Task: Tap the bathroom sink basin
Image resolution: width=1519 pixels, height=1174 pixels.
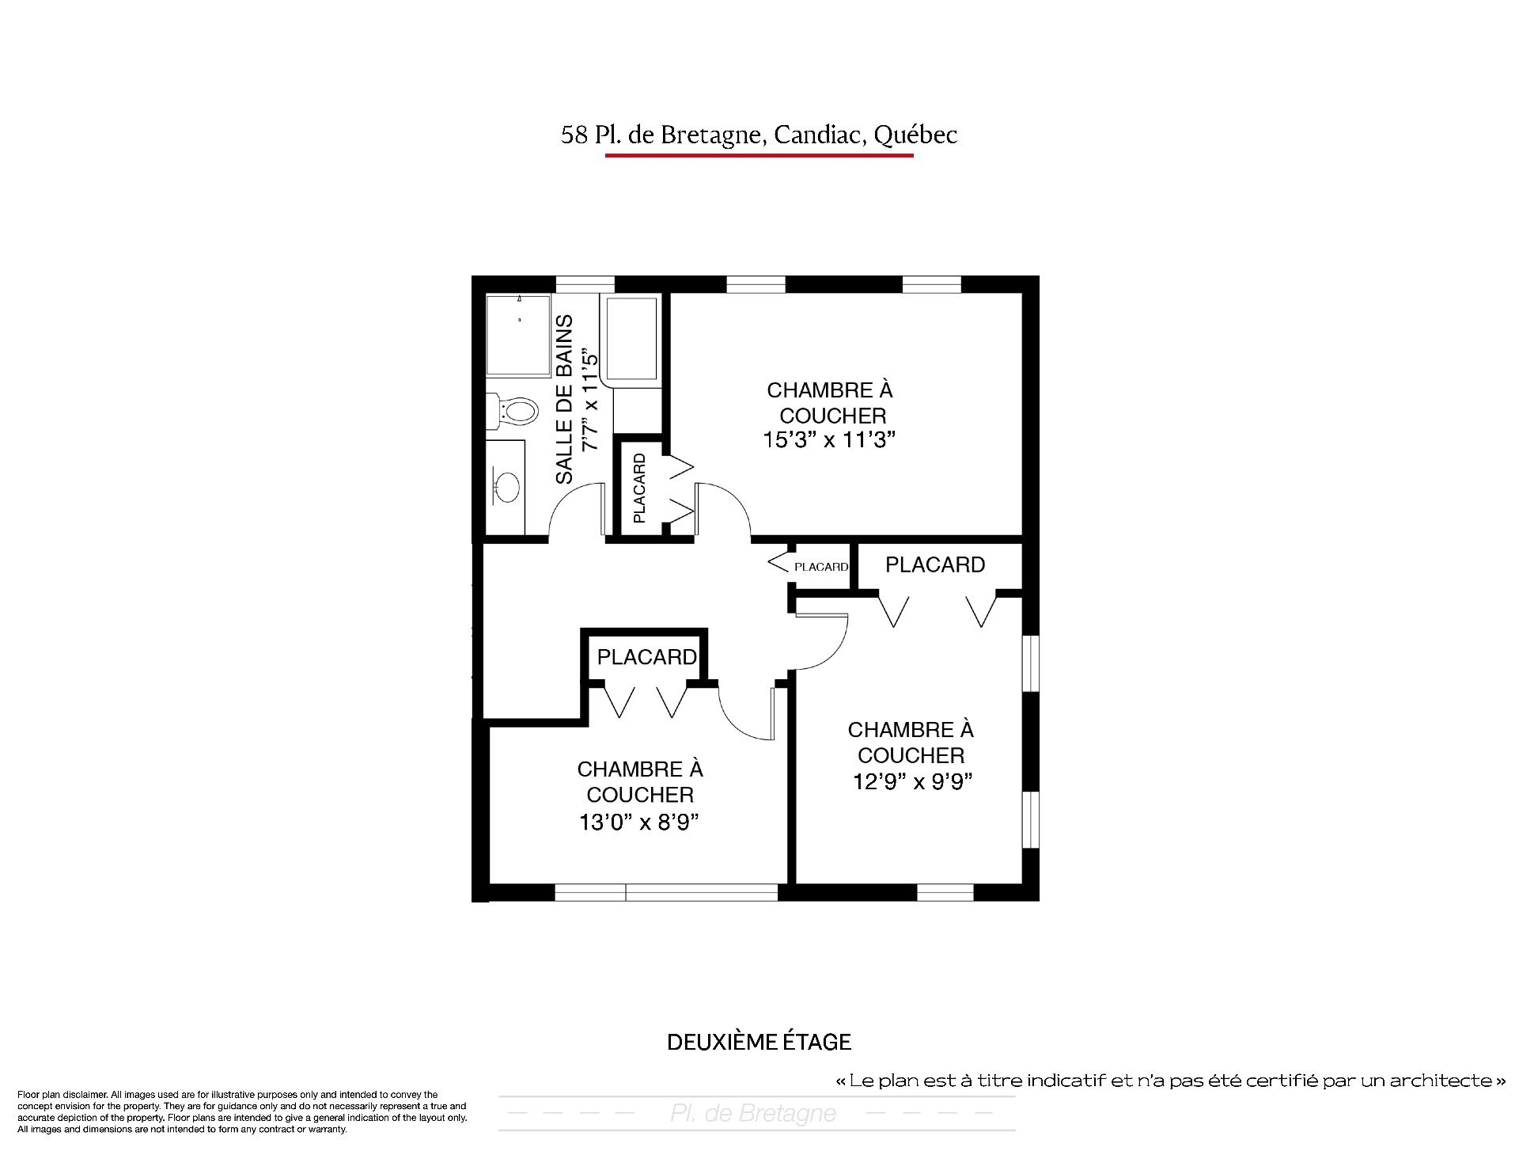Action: [x=506, y=484]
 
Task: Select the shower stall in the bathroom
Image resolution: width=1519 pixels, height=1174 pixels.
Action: [x=518, y=336]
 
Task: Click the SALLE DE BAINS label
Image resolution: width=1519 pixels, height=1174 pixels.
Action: [x=564, y=400]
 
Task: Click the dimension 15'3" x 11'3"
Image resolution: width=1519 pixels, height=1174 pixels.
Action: [x=829, y=440]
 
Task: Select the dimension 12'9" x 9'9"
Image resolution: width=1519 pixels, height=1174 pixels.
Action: [x=912, y=781]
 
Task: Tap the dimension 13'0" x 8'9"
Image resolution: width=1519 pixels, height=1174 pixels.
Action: [x=640, y=823]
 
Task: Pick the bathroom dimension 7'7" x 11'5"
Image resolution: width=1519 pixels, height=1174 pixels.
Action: [x=590, y=399]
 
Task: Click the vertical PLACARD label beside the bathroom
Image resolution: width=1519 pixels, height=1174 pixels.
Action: [x=639, y=488]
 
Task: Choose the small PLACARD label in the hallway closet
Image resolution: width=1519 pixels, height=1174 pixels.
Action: [x=821, y=567]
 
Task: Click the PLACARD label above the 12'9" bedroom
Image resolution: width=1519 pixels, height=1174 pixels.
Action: [x=935, y=564]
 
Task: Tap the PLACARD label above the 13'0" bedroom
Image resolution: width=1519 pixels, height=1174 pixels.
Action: [x=646, y=657]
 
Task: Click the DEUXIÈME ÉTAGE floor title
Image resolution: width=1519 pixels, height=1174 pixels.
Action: [x=759, y=1042]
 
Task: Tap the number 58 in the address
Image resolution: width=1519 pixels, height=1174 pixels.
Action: [x=574, y=135]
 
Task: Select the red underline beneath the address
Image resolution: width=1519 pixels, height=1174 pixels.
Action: [x=759, y=156]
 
